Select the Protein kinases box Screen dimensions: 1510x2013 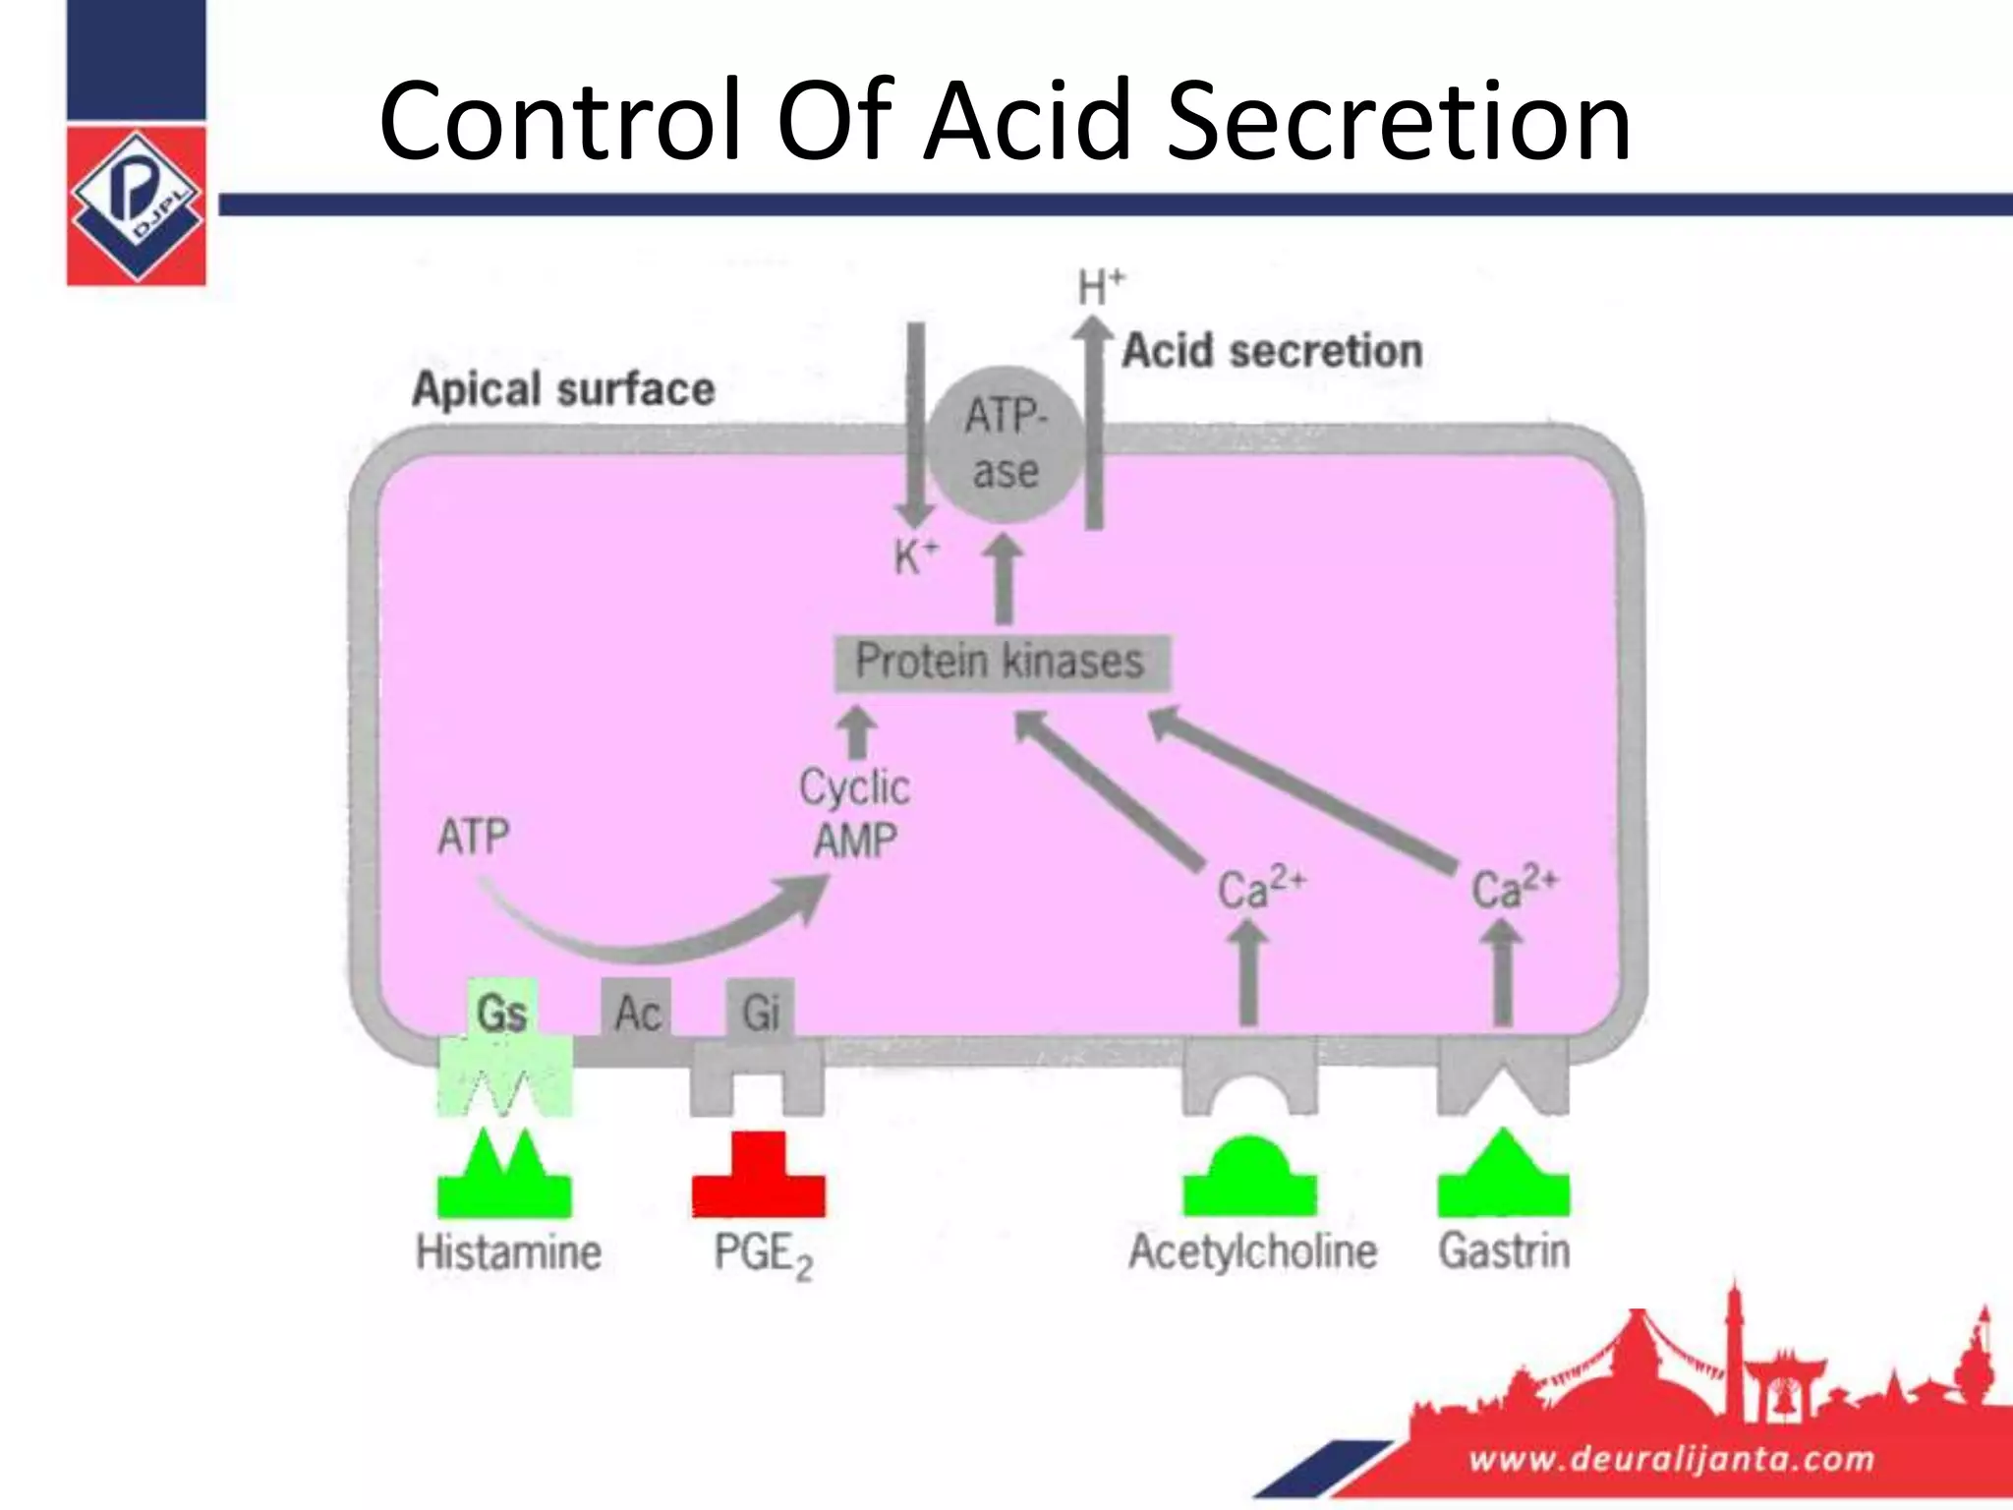(1002, 663)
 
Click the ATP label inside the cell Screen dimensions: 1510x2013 (474, 838)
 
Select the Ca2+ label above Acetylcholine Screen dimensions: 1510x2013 (1260, 888)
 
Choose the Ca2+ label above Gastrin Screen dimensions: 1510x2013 (1514, 888)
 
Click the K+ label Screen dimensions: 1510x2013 (915, 556)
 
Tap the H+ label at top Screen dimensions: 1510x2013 (1100, 287)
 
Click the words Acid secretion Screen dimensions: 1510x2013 (1272, 351)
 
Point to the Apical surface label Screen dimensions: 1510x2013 (563, 389)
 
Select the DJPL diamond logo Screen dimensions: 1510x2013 (137, 206)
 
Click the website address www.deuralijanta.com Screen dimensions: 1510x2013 (1671, 1457)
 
